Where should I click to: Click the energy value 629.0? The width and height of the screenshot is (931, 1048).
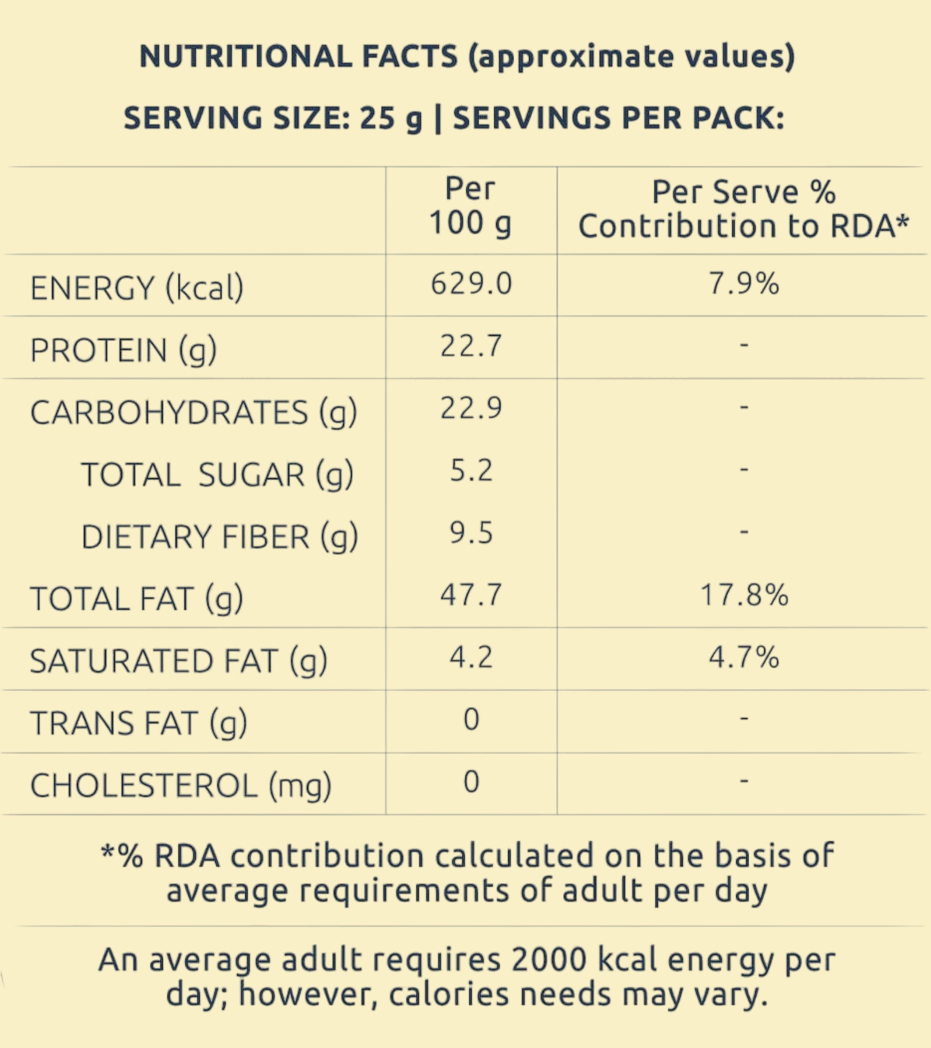(x=471, y=283)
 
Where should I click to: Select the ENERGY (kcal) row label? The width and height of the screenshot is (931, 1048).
(x=137, y=288)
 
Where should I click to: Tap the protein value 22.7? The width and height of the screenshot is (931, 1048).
(x=471, y=346)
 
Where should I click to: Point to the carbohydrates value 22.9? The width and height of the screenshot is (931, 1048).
(x=471, y=409)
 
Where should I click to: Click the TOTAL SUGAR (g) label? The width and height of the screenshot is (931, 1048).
(x=217, y=474)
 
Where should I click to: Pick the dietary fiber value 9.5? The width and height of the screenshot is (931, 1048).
(x=471, y=533)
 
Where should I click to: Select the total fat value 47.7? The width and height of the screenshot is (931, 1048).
(x=471, y=595)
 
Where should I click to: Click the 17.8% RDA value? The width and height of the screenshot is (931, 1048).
(x=744, y=595)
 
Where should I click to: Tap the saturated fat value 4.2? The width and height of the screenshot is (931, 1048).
(x=471, y=658)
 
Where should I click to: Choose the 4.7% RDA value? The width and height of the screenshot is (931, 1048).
(x=744, y=658)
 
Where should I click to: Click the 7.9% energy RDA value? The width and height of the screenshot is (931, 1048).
(x=744, y=283)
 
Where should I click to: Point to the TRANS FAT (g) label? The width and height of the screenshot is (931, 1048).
(x=138, y=723)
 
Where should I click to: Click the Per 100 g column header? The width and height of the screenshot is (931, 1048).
(x=470, y=206)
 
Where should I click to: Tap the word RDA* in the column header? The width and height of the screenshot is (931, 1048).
(x=869, y=226)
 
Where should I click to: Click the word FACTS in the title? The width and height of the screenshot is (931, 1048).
(x=409, y=56)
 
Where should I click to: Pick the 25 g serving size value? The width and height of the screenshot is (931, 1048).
(x=391, y=118)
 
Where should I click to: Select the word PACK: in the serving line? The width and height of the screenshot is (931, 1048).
(x=738, y=118)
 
